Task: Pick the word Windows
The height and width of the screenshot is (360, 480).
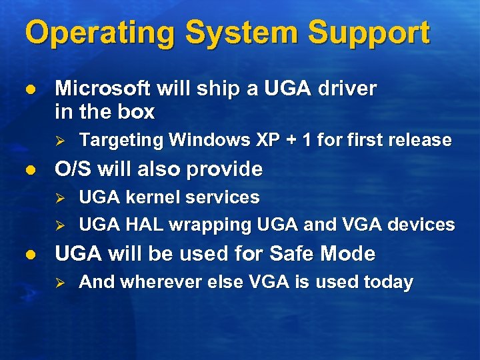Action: tap(210, 140)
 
